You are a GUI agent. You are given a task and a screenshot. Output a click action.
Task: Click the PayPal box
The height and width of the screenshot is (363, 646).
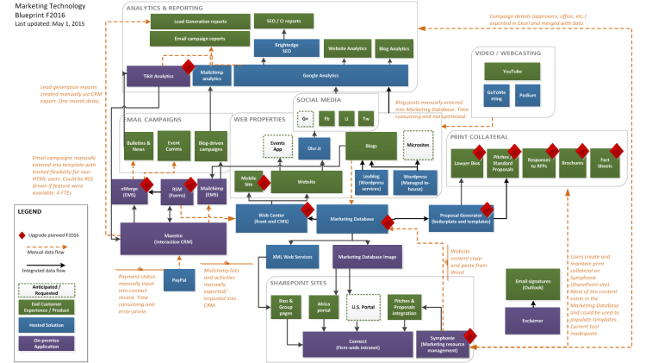point(178,280)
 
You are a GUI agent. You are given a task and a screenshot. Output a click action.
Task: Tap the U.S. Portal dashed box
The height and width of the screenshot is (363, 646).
point(364,308)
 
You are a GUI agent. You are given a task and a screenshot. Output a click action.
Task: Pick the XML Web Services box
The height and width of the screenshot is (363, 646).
point(291,257)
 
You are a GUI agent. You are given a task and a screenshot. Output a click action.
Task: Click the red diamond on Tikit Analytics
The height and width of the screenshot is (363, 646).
point(187,66)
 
